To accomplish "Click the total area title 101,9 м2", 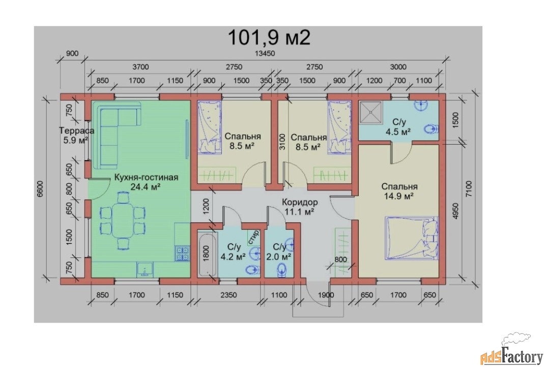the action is [269, 38].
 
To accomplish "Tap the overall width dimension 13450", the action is [265, 54].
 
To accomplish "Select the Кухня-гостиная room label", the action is [146, 177].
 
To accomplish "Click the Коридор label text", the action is [300, 202].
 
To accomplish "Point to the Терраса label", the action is [77, 131].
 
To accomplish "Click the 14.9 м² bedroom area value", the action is [398, 196].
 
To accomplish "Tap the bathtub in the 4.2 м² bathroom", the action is [207, 254].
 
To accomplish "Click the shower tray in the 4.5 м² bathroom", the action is [371, 112].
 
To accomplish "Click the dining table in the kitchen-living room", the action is [123, 221].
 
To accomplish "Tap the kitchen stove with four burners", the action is [182, 254].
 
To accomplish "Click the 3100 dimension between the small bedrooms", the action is [282, 142].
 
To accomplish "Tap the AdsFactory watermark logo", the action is [512, 351].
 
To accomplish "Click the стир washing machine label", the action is [253, 236].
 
